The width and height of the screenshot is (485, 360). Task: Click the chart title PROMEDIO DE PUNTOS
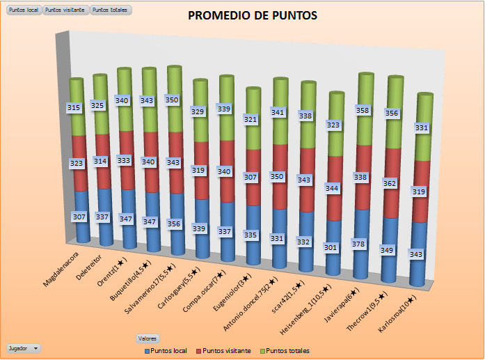(253, 15)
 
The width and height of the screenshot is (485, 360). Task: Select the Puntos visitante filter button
(66, 10)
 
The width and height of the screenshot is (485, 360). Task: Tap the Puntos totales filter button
(110, 10)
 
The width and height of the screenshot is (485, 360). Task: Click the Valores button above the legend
(147, 338)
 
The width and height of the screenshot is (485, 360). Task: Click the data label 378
(361, 244)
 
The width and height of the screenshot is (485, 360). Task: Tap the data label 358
(361, 110)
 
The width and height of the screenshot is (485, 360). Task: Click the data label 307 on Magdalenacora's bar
(79, 217)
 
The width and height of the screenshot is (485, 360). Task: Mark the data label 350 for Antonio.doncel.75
(278, 177)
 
